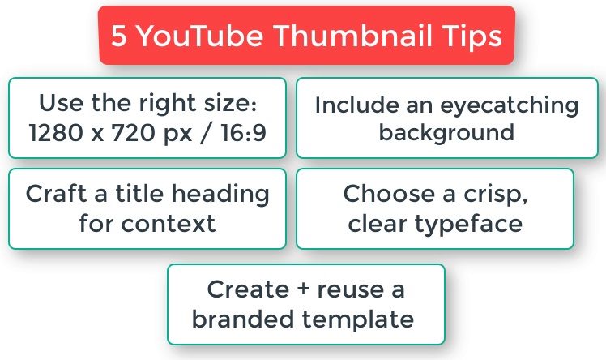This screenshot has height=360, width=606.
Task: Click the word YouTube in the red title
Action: coord(201,36)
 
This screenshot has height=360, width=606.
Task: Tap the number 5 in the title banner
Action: coord(118,36)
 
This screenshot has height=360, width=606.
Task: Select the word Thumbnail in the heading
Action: coord(353,36)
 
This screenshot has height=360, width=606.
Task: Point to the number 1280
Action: coord(56,133)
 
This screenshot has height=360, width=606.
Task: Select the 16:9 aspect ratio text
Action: coord(244,133)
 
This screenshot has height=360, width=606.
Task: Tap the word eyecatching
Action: coord(510,106)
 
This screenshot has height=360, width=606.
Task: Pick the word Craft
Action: coord(56,193)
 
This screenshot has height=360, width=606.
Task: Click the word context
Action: coord(169,225)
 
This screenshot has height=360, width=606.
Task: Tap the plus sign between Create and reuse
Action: coord(304,289)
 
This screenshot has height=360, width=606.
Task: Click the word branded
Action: coord(244,319)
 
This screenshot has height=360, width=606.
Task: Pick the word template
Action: coord(358,320)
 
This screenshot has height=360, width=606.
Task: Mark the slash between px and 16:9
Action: coord(207,133)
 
